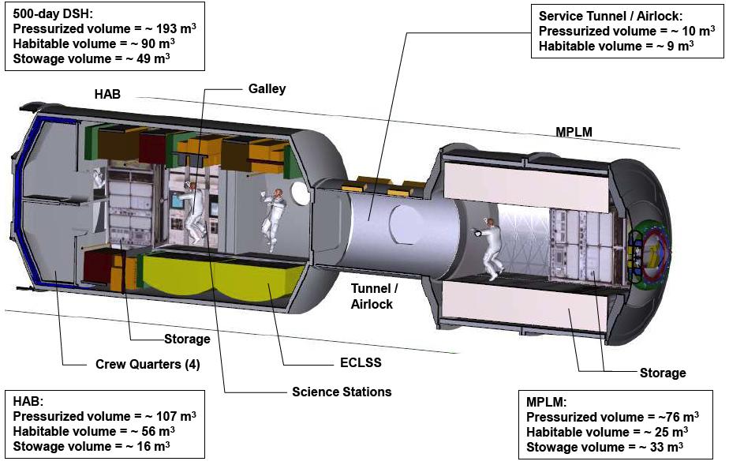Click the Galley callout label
pyautogui.click(x=267, y=88)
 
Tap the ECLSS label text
pyautogui.click(x=361, y=362)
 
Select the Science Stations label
pyautogui.click(x=342, y=392)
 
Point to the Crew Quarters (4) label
pyautogui.click(x=148, y=364)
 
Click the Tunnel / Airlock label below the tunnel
pyautogui.click(x=374, y=296)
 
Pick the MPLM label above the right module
pyautogui.click(x=574, y=132)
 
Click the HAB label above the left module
pyautogui.click(x=107, y=95)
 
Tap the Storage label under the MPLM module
pyautogui.click(x=663, y=373)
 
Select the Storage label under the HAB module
pyautogui.click(x=187, y=339)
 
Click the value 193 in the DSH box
pyautogui.click(x=166, y=29)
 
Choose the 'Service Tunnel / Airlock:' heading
pyautogui.click(x=611, y=17)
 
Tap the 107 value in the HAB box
pyautogui.click(x=166, y=416)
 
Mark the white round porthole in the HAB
pyautogui.click(x=301, y=193)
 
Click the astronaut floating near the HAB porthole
pyautogui.click(x=273, y=219)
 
